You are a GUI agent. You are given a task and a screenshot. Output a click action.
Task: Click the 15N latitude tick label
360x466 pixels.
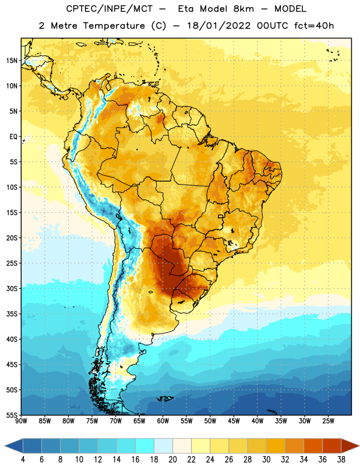pyautogui.click(x=12, y=61)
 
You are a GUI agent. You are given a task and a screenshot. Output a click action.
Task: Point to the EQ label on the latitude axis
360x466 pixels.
pyautogui.click(x=13, y=137)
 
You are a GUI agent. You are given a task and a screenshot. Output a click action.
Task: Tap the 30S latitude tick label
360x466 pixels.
pyautogui.click(x=12, y=288)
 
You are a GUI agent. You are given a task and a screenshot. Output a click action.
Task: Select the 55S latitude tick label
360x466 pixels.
pyautogui.click(x=12, y=415)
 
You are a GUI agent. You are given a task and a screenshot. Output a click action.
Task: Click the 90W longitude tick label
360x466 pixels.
pyautogui.click(x=21, y=421)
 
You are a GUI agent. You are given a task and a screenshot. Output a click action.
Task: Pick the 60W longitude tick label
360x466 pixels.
pyautogui.click(x=163, y=421)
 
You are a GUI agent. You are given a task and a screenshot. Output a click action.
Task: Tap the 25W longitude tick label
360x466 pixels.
pyautogui.click(x=328, y=421)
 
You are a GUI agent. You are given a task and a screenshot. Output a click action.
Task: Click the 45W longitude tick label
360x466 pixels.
pyautogui.click(x=234, y=421)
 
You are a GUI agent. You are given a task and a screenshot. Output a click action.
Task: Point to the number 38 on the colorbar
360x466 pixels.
pyautogui.click(x=341, y=460)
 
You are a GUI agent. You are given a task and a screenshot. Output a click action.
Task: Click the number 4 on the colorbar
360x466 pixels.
pyautogui.click(x=23, y=460)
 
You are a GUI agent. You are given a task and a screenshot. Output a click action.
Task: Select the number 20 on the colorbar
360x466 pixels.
pyautogui.click(x=172, y=460)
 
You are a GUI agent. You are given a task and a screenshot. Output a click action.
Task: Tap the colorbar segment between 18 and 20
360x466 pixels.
pyautogui.click(x=163, y=446)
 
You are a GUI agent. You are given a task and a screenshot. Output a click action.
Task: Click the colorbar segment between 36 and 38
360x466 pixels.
pyautogui.click(x=332, y=446)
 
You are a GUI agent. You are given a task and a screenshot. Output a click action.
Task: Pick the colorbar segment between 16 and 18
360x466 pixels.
pyautogui.click(x=144, y=446)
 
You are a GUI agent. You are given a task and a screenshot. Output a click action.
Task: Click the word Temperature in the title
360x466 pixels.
pyautogui.click(x=114, y=26)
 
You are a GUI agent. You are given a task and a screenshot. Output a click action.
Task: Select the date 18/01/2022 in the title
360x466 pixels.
pyautogui.click(x=219, y=26)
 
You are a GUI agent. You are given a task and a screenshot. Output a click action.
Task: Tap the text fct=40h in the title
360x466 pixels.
pyautogui.click(x=314, y=26)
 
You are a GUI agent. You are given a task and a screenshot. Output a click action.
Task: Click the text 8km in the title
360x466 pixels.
pyautogui.click(x=243, y=9)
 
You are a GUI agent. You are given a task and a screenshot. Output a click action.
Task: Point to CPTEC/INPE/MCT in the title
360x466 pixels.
pyautogui.click(x=110, y=9)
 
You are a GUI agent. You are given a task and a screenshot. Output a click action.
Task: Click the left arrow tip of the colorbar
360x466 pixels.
pyautogui.click(x=5, y=446)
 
